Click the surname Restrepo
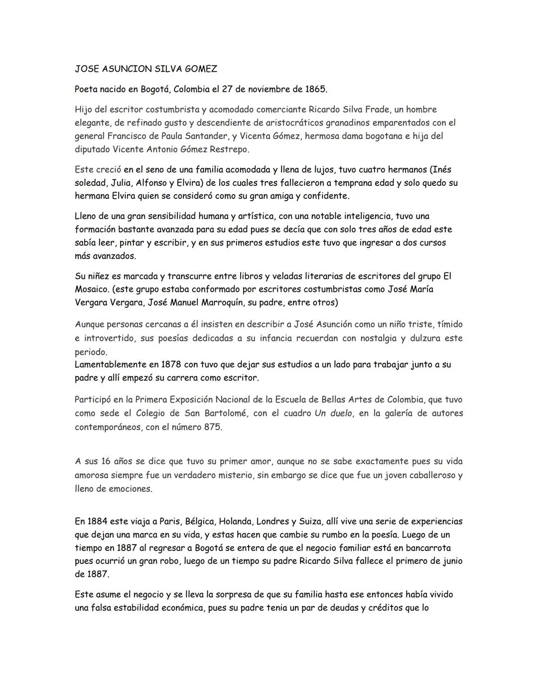(x=229, y=149)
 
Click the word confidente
(x=325, y=196)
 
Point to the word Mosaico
(x=92, y=289)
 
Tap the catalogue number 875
(x=212, y=427)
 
